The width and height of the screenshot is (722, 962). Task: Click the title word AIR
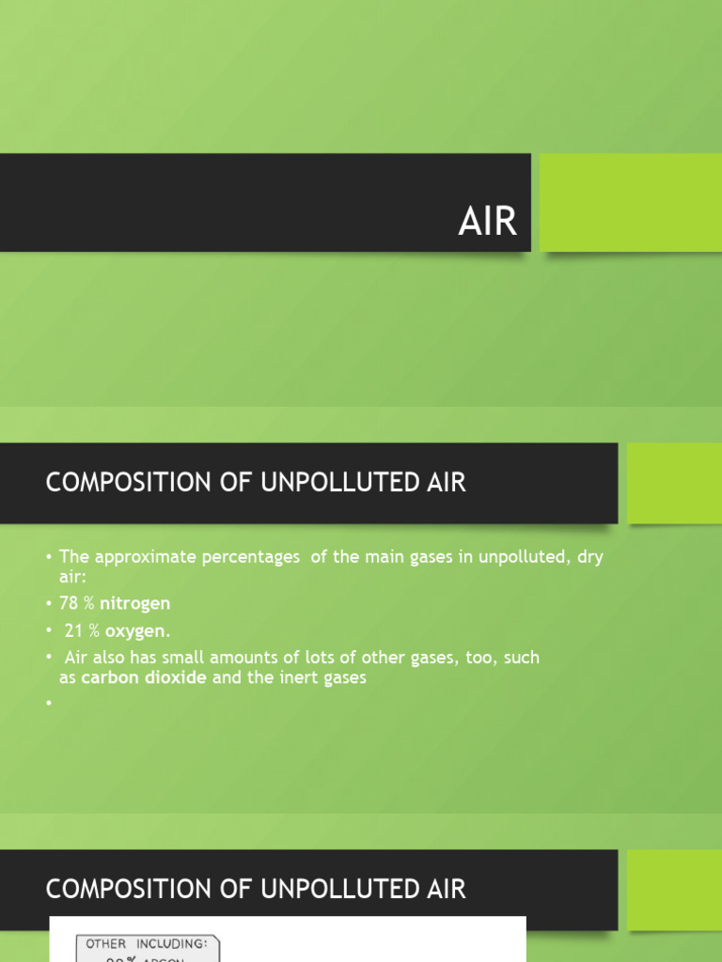[x=487, y=222]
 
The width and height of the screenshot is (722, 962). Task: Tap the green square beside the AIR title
[x=631, y=202]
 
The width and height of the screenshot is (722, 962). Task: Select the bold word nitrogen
[x=135, y=603]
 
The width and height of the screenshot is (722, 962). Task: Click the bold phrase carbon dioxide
[x=144, y=677]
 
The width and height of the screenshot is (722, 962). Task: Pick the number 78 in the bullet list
[x=69, y=603]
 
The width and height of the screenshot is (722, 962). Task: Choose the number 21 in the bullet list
[x=74, y=629]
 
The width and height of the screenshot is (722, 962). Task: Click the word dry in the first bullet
[x=589, y=557]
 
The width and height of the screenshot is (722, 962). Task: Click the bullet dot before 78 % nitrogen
[x=49, y=604]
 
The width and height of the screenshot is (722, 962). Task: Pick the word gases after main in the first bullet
[x=432, y=557]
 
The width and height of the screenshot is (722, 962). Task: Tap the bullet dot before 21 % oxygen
[x=49, y=630]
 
